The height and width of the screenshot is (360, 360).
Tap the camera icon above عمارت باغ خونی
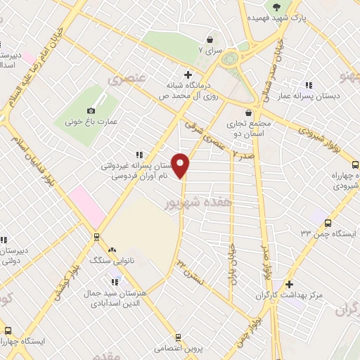pos(91,110)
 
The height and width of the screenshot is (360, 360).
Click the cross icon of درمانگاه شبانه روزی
pos(188,74)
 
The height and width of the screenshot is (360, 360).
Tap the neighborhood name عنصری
pos(124,79)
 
